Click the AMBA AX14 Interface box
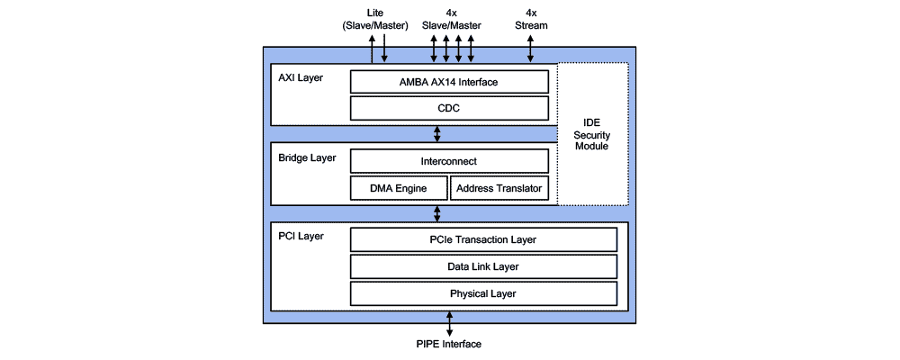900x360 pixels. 449,82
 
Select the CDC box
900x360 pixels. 449,108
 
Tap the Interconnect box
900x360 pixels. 449,161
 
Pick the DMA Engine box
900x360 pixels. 397,188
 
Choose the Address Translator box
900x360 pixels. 499,188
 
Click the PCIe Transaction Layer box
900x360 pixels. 483,239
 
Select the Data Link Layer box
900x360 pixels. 483,266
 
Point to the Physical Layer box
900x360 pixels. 483,293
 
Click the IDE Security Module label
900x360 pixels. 591,134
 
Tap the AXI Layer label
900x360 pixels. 301,78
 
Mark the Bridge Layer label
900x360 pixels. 307,157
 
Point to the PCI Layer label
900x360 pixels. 301,237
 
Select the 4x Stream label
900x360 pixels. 530,19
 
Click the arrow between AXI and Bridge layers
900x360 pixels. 437,133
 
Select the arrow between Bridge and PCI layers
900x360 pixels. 437,213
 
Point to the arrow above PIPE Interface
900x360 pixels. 448,323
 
